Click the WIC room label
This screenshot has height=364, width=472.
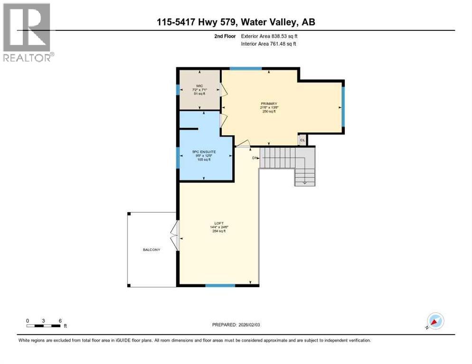click(198, 86)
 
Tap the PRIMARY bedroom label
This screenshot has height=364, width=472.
click(268, 104)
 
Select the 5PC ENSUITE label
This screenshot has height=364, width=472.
click(203, 152)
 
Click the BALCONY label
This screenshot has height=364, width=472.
click(152, 250)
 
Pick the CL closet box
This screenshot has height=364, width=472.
click(302, 140)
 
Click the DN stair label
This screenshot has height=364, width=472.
click(255, 157)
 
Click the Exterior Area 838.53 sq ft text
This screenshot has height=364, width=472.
click(270, 36)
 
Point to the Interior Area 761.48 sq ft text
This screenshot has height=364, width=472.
click(269, 44)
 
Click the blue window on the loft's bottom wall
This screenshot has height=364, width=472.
click(220, 285)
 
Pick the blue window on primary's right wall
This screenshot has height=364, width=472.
click(343, 108)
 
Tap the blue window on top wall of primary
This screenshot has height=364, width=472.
click(245, 69)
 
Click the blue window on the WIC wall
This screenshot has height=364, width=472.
click(177, 90)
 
